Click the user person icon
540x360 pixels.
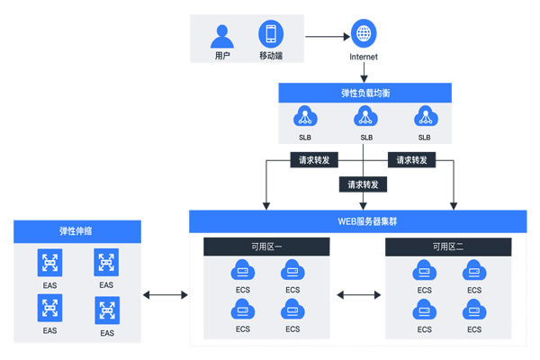(x=221, y=35)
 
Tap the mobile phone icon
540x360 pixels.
(x=268, y=35)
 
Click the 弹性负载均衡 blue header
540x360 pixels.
(x=364, y=93)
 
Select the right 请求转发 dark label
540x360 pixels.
(x=412, y=160)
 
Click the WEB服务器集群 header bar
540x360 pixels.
(x=357, y=220)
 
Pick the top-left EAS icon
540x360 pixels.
(x=49, y=263)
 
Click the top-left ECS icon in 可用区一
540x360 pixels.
(x=241, y=270)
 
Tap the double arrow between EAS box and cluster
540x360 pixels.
(x=164, y=294)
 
